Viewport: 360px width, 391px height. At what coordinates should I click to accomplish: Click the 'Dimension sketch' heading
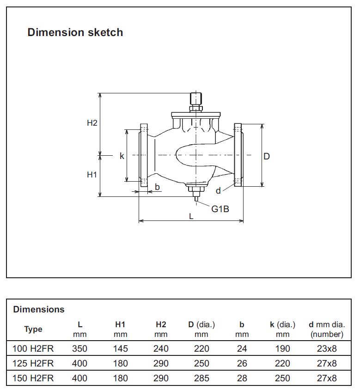tap(75, 32)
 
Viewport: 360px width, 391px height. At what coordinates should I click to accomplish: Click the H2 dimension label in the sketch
tap(92, 123)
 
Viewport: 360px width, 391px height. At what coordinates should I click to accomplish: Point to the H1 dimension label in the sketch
tap(92, 175)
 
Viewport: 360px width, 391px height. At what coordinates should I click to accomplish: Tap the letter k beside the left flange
tap(122, 156)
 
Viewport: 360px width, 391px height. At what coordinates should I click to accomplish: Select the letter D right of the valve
tap(267, 156)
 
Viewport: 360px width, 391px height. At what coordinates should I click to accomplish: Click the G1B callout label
tap(220, 209)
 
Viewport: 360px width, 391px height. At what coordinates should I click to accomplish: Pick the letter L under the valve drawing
tap(191, 216)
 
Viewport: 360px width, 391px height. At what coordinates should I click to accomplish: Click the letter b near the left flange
tap(157, 187)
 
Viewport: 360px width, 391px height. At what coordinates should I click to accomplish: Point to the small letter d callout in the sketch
tap(218, 191)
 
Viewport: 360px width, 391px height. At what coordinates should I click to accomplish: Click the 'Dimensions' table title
tap(39, 309)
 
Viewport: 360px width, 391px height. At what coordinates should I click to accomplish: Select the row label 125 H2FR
tap(33, 363)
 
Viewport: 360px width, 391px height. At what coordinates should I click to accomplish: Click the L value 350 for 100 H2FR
tap(80, 348)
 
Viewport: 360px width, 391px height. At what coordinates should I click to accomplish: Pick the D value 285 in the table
tap(201, 378)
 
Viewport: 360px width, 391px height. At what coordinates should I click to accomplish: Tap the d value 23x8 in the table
tap(327, 348)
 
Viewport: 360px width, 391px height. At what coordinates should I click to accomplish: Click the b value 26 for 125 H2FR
tap(242, 363)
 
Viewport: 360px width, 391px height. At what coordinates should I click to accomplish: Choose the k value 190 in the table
tap(282, 348)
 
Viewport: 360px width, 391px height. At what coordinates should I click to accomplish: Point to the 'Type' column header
tap(33, 329)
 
